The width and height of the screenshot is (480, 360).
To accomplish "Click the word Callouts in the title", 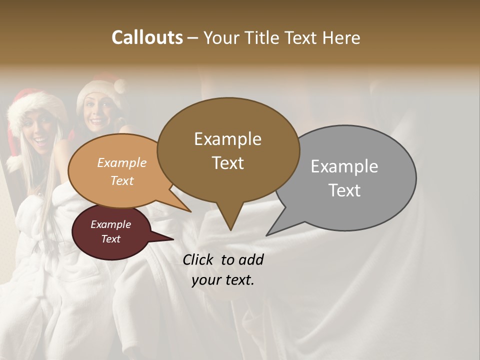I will click(x=147, y=37).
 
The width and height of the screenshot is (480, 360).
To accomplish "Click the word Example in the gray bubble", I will click(x=344, y=166).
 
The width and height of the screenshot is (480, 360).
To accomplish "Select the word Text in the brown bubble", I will click(x=228, y=163).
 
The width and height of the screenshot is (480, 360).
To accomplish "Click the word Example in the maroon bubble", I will click(x=110, y=224).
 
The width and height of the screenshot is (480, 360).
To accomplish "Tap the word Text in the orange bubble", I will click(x=122, y=180).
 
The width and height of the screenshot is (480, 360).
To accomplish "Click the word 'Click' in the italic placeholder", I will click(x=199, y=259).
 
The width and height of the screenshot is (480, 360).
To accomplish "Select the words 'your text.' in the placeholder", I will click(x=222, y=280).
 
